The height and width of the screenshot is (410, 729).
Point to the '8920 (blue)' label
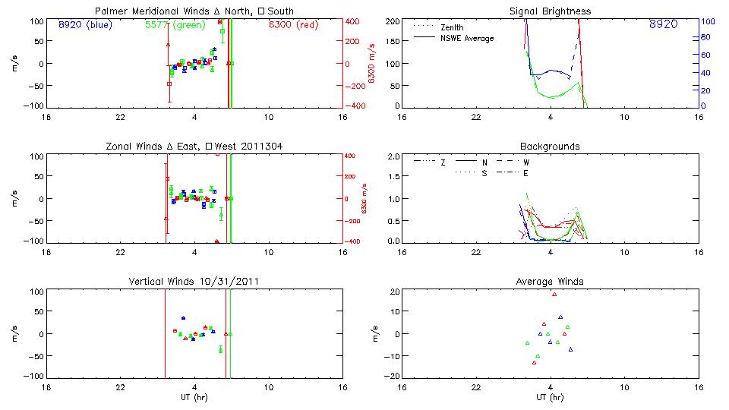84,24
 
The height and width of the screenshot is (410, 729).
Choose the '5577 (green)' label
172,24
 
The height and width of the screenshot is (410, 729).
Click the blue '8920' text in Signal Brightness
664,25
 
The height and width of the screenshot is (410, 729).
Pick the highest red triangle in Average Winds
554,294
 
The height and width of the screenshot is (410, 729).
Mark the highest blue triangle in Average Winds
560,317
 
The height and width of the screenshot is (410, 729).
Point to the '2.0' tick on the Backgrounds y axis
394,156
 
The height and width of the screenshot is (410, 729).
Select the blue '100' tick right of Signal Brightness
705,21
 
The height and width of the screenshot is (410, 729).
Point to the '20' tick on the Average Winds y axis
395,292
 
